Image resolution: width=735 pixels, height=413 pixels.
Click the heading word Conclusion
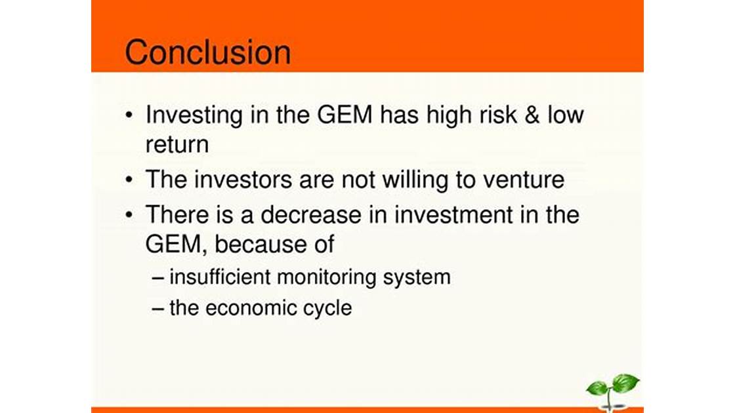tap(207, 52)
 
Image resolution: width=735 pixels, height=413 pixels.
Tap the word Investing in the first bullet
tap(194, 115)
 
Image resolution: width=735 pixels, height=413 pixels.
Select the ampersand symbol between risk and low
tap(532, 115)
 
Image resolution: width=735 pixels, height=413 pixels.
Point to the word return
tap(177, 145)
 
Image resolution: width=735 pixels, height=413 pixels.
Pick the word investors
tap(243, 180)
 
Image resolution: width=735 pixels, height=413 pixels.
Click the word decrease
tap(311, 215)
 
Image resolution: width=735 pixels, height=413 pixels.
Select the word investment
tap(453, 215)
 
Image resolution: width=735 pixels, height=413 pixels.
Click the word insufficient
tap(220, 277)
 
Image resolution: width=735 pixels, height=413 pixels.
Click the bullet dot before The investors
tap(129, 180)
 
